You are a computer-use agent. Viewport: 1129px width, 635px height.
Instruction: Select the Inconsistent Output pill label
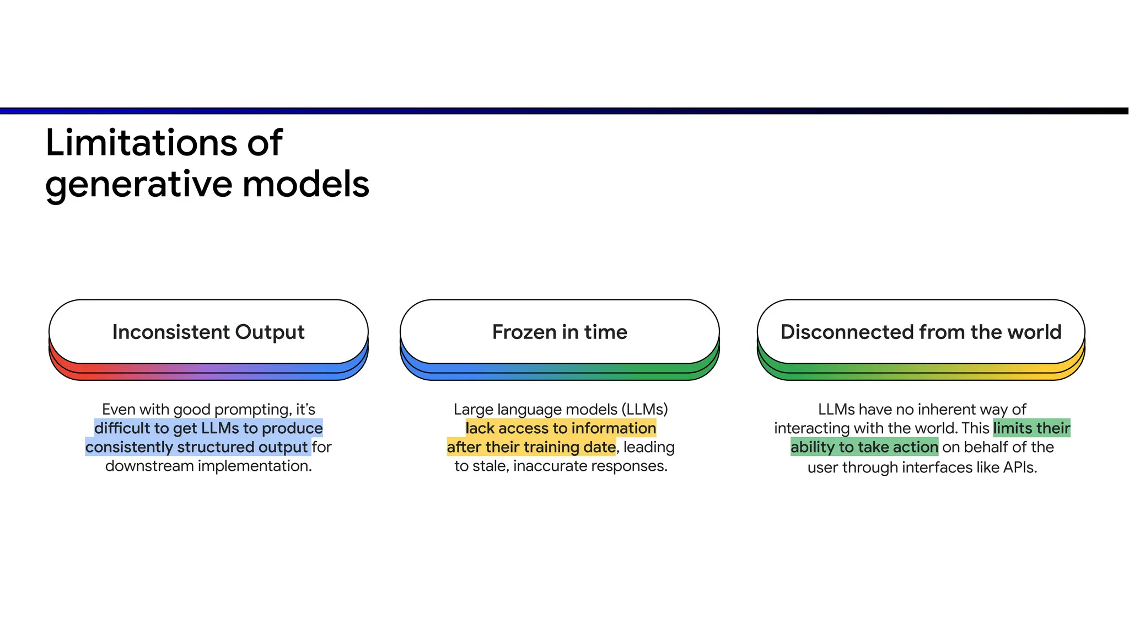[208, 332]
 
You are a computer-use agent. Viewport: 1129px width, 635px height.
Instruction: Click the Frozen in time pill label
[560, 332]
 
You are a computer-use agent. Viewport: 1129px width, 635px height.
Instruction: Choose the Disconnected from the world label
[921, 332]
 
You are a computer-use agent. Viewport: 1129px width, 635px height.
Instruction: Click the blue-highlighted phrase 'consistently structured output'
[196, 447]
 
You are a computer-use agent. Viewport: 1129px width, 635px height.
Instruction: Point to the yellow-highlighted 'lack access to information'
[561, 428]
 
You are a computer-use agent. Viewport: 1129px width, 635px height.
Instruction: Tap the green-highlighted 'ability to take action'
[864, 447]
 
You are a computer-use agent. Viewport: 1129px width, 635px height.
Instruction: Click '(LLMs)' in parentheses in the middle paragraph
[644, 410]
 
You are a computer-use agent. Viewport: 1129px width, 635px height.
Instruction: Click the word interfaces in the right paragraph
[937, 467]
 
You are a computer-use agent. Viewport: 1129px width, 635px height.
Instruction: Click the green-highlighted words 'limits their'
[1031, 428]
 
